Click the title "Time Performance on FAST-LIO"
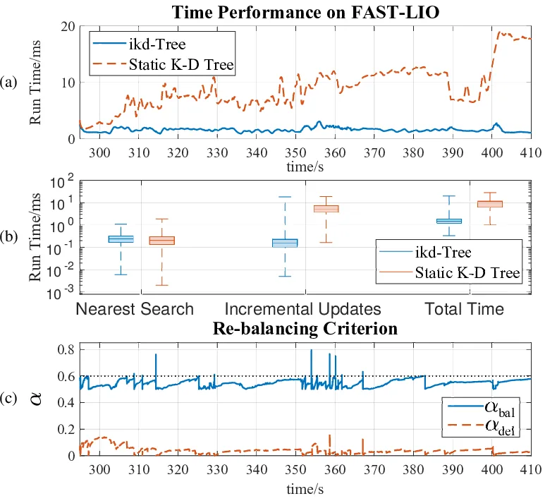pos(305,12)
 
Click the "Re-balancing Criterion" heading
pos(305,329)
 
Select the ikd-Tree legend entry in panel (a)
pos(140,44)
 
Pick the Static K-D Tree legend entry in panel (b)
pos(450,272)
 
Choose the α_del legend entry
pos(482,425)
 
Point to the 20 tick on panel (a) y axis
pos(68,27)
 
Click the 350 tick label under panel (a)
pos(295,152)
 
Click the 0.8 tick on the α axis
pos(66,350)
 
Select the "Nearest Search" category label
pos(135,309)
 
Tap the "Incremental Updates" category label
pos(303,309)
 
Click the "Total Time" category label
pos(465,309)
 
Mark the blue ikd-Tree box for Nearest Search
pos(121,239)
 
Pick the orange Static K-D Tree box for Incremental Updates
pos(326,209)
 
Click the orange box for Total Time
pos(490,204)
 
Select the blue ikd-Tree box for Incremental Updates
pos(285,243)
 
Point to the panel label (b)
pos(9,237)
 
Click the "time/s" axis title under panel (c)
pos(305,489)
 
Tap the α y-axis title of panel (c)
pos(37,399)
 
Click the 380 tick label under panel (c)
pos(413,470)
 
